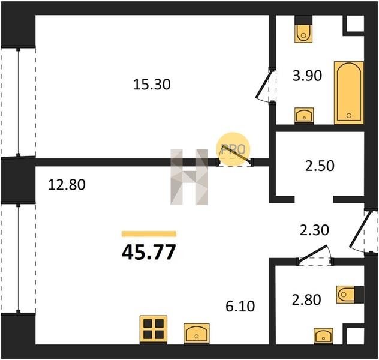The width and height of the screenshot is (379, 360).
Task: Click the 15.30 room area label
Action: [x=152, y=85]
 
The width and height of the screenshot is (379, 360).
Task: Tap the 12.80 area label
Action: [x=67, y=185]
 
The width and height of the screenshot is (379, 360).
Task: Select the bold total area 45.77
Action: [x=149, y=252]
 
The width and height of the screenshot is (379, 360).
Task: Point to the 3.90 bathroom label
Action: [x=307, y=76]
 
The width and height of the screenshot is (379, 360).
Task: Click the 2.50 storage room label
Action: [x=320, y=166]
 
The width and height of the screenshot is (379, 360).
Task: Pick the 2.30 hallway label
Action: [x=314, y=230]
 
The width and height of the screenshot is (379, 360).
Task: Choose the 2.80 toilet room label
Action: [x=306, y=299]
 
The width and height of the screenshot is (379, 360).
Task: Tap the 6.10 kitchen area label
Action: [x=240, y=307]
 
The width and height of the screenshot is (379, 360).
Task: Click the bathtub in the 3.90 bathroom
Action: [x=349, y=93]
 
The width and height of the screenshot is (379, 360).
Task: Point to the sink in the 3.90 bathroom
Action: [x=304, y=116]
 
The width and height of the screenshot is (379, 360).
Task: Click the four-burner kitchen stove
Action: [x=154, y=329]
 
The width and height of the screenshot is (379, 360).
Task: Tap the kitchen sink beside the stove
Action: [x=197, y=334]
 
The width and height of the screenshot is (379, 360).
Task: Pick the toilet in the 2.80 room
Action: [x=350, y=295]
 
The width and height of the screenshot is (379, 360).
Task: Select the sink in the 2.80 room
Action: [x=323, y=336]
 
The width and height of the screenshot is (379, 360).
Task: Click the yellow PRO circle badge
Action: [x=233, y=149]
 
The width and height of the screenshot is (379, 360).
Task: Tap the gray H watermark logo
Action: [x=189, y=177]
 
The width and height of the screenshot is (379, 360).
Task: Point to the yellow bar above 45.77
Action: [x=149, y=234]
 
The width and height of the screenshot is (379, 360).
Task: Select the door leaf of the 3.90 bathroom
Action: [x=264, y=83]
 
